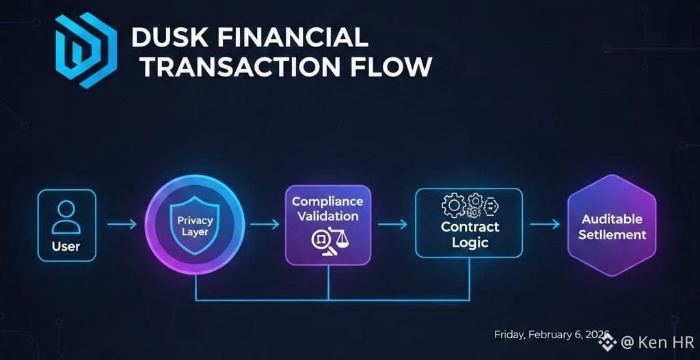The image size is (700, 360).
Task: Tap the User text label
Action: coord(66,246)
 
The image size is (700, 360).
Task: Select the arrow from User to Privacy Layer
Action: coord(122,224)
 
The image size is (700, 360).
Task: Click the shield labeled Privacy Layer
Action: coord(194,225)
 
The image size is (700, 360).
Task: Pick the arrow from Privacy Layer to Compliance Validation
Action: coord(265,224)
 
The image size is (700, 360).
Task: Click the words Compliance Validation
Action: coord(327,209)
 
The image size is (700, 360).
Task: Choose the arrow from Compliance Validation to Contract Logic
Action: coord(392,224)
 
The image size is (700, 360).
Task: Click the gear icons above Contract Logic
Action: coord(468,206)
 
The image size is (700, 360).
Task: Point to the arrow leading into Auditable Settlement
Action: coord(545,224)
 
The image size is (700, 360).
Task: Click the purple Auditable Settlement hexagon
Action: coord(612,225)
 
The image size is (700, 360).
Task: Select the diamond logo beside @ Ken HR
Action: coord(608,342)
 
